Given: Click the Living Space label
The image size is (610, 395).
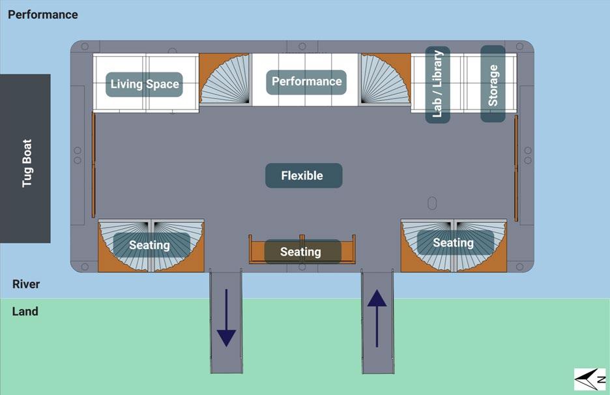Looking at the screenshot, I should coord(144,84).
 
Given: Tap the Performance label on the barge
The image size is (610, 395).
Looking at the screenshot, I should coord(306,81).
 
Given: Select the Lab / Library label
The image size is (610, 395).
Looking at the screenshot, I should coord(437,84).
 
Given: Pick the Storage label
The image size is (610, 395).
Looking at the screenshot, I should coord(493,84).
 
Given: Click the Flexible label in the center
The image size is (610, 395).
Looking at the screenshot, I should coord(302,175).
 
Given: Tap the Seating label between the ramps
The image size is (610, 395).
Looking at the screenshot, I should coord(301,252).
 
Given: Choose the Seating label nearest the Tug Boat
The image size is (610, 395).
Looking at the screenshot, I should coord(150,245).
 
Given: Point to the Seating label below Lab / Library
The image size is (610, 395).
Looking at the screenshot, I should coord(453,243).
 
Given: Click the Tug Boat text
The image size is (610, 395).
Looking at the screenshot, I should coord(27,163).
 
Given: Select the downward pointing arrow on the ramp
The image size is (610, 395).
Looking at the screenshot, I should coord(225,318).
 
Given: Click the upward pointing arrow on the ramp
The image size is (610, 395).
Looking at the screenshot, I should coord(377,318).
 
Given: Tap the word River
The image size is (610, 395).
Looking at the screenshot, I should coord(26,284).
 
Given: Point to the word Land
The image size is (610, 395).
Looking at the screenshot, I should coord(25,312).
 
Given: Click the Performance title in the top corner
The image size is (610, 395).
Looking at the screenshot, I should coord(43,14).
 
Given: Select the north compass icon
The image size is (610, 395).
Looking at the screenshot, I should coord(590,379).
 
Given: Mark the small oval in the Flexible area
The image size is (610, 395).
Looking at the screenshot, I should coord(431,202).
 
